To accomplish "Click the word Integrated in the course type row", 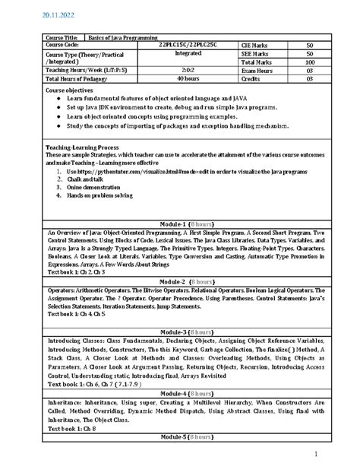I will [x=188, y=54].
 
